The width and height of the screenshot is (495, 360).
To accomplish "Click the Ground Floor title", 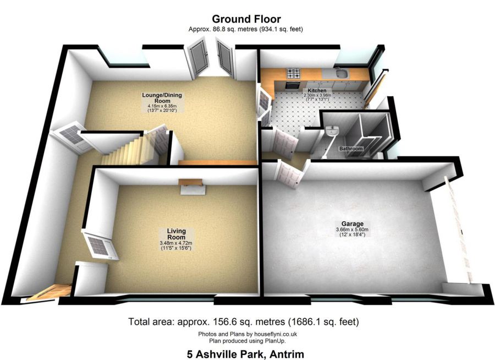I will click(x=247, y=20).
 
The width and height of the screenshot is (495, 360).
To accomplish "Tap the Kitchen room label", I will click(x=317, y=90).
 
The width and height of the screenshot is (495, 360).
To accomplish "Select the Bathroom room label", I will click(x=350, y=149).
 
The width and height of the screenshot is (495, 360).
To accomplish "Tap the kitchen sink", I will click(x=339, y=74).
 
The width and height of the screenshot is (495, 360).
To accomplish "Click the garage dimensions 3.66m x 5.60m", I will click(x=352, y=230).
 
